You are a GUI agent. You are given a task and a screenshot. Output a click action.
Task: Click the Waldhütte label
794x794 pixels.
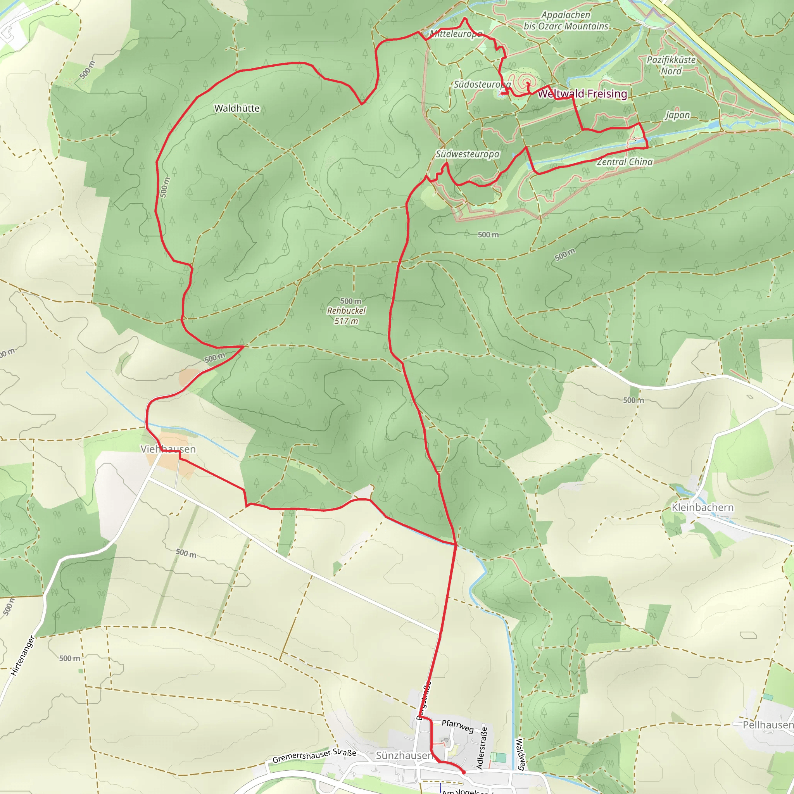tap(237, 109)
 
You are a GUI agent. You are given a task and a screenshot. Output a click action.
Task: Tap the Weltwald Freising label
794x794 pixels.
tap(582, 94)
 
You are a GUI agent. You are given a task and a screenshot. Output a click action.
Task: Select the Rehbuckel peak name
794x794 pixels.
tap(346, 311)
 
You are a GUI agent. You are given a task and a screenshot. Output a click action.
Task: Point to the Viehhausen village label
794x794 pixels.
tap(168, 449)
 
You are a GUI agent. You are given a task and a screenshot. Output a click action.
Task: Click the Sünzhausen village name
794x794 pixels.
tap(404, 755)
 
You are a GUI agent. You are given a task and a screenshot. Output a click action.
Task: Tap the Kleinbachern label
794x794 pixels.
tap(703, 507)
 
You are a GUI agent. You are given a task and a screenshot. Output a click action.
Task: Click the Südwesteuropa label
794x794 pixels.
tap(467, 154)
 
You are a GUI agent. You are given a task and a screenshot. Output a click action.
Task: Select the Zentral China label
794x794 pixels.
tap(625, 162)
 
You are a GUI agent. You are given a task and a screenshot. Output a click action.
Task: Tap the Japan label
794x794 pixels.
tap(678, 115)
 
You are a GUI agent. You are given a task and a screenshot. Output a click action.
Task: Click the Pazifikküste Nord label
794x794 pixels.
tap(671, 66)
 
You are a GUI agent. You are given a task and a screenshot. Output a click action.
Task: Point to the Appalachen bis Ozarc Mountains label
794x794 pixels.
tap(566, 21)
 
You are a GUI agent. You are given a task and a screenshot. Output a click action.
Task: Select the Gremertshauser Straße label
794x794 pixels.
tap(314, 756)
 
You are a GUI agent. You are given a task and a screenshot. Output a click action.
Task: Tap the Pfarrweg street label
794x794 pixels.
tap(458, 726)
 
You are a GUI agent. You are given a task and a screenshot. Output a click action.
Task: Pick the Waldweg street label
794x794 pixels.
tap(520, 754)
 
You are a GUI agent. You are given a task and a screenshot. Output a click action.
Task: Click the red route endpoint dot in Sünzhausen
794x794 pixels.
tap(464, 772)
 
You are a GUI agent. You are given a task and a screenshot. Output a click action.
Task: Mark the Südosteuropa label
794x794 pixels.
tap(482, 84)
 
